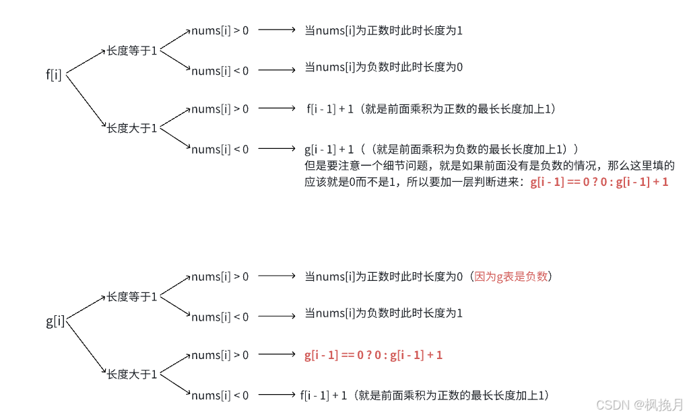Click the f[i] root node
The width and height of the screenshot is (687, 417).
click(54, 75)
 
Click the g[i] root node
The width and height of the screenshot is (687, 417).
click(55, 321)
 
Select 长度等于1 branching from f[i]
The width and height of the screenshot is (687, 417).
click(131, 51)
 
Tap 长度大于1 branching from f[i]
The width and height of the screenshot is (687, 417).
click(131, 128)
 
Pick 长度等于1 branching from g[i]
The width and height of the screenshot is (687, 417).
click(131, 296)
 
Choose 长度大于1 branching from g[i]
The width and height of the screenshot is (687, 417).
click(131, 374)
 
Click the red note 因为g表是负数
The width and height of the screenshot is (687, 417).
click(513, 276)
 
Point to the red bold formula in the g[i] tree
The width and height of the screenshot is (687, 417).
click(373, 355)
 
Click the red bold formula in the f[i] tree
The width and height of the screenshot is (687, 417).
click(599, 182)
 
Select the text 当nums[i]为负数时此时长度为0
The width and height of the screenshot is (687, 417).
click(384, 67)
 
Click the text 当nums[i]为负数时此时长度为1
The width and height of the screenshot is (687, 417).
click(384, 313)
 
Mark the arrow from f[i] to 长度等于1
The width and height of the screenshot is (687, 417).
click(84, 61)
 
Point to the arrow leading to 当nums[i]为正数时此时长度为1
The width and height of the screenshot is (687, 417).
click(277, 30)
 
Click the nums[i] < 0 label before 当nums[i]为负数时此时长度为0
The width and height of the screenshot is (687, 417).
click(220, 71)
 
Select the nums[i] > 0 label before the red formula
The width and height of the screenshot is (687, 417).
click(220, 355)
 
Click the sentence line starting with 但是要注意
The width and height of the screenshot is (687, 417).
click(490, 166)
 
